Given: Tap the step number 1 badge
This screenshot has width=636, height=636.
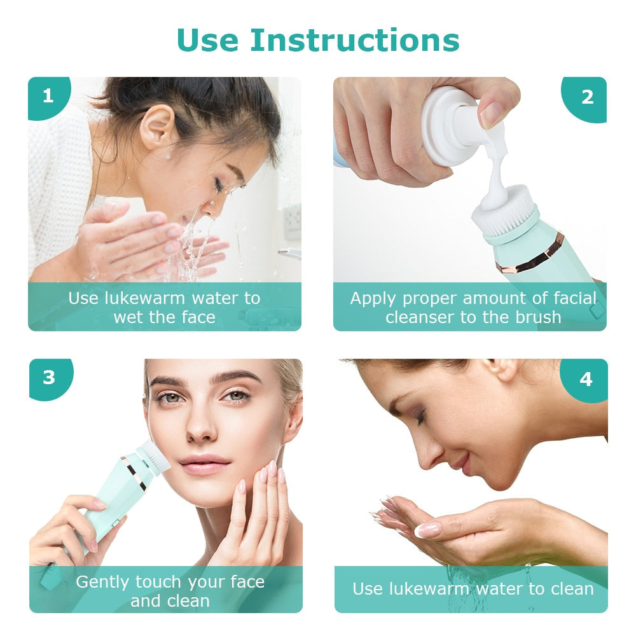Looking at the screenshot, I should point(48,96).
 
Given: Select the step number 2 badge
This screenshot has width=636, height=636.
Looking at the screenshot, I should point(587,97).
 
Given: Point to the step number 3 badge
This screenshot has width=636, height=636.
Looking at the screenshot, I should point(49,378).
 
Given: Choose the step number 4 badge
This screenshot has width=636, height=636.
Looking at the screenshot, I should point(586,379).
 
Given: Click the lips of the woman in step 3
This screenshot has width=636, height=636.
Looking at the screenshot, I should point(204,464).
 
